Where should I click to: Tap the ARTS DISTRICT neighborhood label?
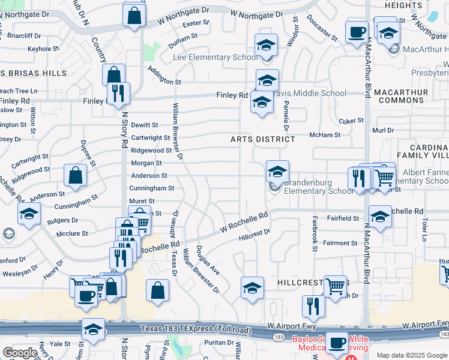point(263,139)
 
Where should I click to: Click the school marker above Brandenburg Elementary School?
point(277,172)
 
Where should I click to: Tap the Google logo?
point(20,353)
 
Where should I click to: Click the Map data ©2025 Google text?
point(412,355)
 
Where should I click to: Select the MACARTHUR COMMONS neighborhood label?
point(401,97)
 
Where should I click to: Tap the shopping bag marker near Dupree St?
point(76,176)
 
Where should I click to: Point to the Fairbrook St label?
point(314,233)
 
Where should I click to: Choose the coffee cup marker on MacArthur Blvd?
point(357,31)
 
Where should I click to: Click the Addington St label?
point(165,82)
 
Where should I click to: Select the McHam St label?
point(325,135)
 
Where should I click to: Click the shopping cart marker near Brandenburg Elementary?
point(384,177)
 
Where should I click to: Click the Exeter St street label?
point(196,23)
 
